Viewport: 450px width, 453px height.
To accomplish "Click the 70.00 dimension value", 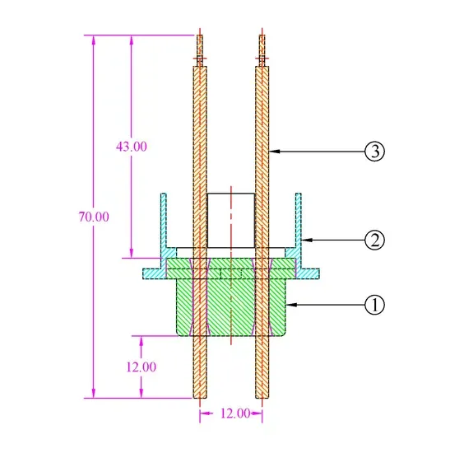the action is click(x=94, y=217).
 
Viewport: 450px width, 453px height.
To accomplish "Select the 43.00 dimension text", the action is click(x=132, y=147).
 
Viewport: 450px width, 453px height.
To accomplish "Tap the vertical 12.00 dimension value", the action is click(x=141, y=367).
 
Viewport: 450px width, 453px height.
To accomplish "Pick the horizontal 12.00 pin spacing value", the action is click(x=235, y=413).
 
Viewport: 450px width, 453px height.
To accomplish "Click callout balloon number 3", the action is click(x=374, y=151).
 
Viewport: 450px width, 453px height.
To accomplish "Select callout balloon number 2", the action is click(x=374, y=240).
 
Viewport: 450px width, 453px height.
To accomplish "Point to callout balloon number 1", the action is click(x=374, y=305).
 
